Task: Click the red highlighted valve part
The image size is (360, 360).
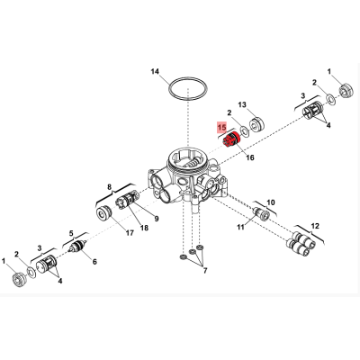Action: coord(231,139)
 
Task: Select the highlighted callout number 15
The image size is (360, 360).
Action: coord(222,127)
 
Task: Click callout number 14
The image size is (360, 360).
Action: coord(155,71)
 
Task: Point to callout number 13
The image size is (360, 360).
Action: coord(242,104)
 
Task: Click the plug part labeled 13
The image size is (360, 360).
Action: coord(256,124)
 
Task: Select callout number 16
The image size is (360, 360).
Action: coord(250,157)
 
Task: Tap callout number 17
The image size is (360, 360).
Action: coord(130,232)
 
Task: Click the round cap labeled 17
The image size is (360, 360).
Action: coord(104,213)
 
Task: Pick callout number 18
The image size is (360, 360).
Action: coord(144,228)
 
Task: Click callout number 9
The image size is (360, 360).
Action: coord(157,219)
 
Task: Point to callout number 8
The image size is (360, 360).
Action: coord(109,187)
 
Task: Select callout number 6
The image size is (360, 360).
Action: coord(94,262)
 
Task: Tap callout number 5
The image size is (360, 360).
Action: coord(71,233)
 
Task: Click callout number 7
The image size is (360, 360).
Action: coord(205,271)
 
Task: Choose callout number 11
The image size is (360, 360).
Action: coord(240,227)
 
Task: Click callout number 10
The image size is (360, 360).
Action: coord(271,202)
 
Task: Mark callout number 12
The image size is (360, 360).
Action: coord(315,226)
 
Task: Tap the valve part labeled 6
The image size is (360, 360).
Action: coord(77,247)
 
